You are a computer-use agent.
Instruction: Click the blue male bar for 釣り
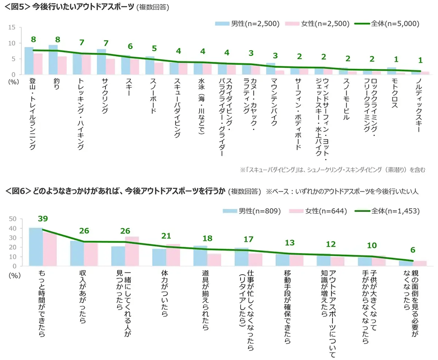(x=53, y=60)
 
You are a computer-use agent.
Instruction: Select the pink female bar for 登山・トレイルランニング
(x=38, y=64)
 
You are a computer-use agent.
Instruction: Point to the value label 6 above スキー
(x=130, y=46)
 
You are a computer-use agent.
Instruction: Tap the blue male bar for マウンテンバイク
(x=271, y=68)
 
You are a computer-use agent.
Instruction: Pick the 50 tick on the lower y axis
(x=13, y=219)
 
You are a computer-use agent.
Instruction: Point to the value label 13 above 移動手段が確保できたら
(x=290, y=243)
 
